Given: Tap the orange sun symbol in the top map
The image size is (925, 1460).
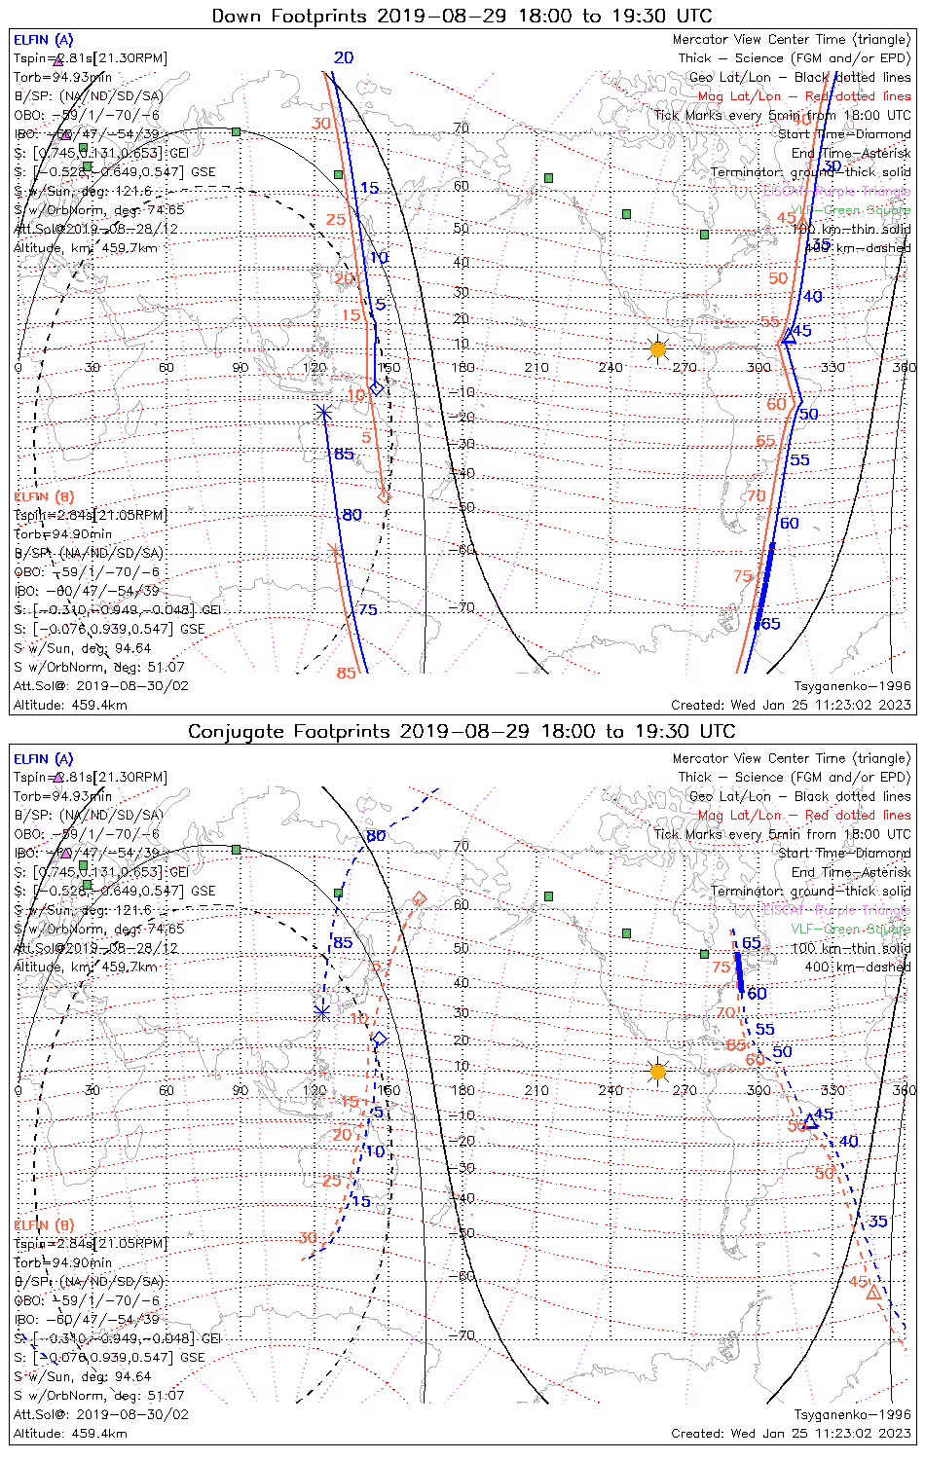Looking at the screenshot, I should coord(658,348).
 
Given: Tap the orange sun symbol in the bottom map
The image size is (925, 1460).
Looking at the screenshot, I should coord(657,1072).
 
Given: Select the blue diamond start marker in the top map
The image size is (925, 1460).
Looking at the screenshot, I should coord(377,387).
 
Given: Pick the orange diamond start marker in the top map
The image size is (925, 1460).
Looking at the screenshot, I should coord(384,496).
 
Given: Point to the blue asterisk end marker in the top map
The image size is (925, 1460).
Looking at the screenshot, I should coord(324,413).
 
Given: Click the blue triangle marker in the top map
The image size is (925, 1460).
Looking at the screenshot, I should coord(789,338).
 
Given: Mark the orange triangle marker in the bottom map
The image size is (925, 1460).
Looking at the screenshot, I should coord(873,1292).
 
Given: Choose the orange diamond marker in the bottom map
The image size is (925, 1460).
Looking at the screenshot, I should coord(420,897).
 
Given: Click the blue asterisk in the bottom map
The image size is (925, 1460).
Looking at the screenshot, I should coord(323,1012).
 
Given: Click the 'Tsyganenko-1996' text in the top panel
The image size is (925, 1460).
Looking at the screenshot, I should coord(852,685).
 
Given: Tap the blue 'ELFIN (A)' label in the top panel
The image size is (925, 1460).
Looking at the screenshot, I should coord(44,40).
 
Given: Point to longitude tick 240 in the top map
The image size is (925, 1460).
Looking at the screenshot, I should coord(610,367).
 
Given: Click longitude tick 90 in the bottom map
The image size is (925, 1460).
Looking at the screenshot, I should coord(240,1090).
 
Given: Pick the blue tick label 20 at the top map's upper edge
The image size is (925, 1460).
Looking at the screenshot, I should coord(344,57).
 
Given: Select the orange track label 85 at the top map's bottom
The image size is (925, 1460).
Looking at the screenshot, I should coord(347,673).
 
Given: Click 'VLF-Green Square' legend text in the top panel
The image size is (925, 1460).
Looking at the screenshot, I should coord(850,210).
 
